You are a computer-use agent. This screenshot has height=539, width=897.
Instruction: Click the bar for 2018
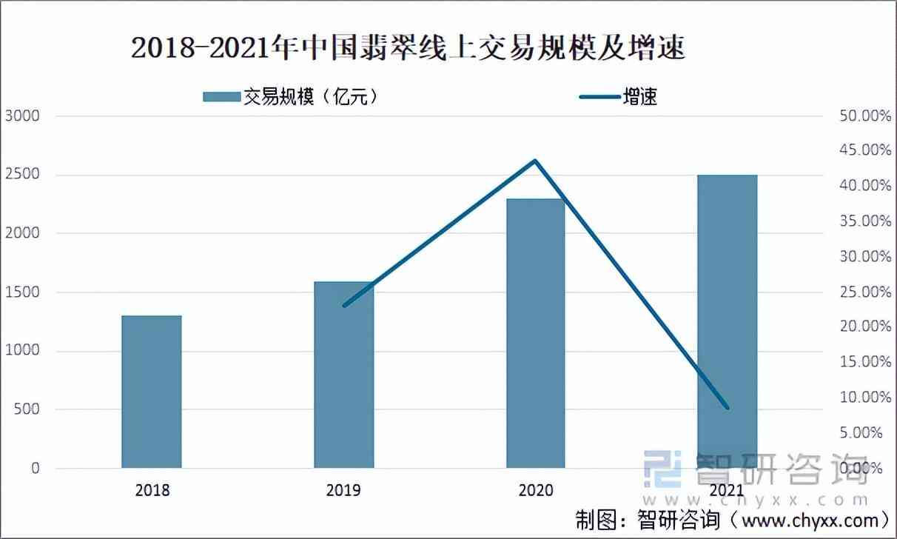pos(151,392)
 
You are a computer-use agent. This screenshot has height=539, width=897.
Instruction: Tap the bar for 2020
pos(535,333)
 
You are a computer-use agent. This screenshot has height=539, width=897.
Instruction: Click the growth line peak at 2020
pos(535,161)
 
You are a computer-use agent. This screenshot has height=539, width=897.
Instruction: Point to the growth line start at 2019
pos(344,305)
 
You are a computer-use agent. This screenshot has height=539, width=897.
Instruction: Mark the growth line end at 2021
pos(728,408)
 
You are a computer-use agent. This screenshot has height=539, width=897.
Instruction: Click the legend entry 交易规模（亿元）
pos(292,96)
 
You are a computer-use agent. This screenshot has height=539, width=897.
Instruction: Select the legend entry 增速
pos(619,96)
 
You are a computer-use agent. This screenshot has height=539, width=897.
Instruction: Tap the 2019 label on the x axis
pos(343,490)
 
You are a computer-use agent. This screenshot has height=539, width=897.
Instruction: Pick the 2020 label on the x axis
pos(535,490)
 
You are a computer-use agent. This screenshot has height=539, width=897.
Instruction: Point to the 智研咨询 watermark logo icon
pos(662,468)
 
